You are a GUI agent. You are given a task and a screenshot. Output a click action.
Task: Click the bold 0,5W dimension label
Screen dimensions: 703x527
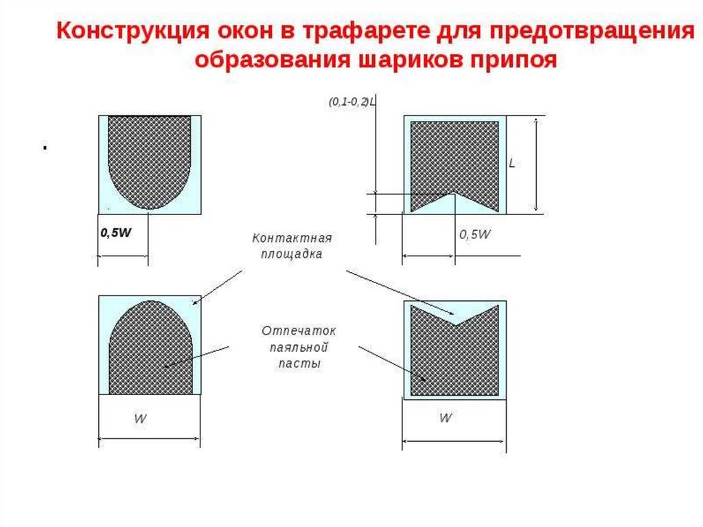(115, 233)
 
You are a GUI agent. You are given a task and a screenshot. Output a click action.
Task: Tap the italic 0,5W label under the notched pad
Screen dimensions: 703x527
(474, 234)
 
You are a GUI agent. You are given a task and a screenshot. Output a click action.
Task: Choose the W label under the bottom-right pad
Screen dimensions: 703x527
(446, 418)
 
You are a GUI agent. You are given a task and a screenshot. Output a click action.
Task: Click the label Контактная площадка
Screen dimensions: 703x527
(292, 245)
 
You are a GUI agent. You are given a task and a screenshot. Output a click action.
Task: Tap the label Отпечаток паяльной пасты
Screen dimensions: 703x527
(299, 347)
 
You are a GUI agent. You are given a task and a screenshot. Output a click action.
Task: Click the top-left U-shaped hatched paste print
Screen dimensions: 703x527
(150, 155)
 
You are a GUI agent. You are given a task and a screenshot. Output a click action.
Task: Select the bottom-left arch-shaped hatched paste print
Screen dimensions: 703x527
(150, 350)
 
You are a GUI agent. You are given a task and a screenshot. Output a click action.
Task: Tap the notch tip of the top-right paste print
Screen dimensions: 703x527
(454, 193)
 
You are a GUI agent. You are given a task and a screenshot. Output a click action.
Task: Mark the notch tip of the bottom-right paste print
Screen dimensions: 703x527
(454, 321)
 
